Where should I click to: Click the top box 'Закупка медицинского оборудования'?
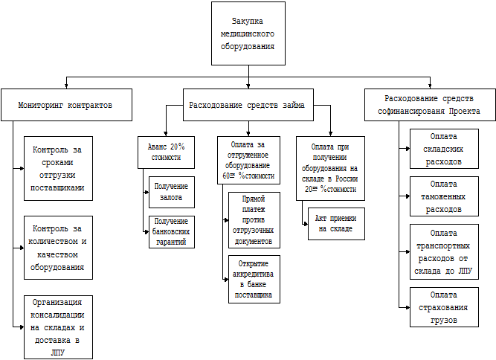tap(248, 33)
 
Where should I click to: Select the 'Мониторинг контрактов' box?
tap(65, 105)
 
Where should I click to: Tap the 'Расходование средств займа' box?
tap(247, 105)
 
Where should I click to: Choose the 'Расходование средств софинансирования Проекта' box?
tap(431, 105)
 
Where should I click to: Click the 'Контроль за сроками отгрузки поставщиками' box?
tap(58, 168)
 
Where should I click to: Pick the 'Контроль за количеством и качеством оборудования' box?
tap(58, 248)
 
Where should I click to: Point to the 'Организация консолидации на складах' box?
tap(58, 327)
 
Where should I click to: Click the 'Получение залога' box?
tap(171, 190)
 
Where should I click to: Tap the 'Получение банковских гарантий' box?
tap(171, 231)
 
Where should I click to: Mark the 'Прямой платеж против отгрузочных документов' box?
tap(254, 221)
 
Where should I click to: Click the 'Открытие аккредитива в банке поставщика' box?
tap(254, 280)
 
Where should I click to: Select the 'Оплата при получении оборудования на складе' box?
tap(330, 169)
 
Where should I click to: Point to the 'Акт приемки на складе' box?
tap(336, 223)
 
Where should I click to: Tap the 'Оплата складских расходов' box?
tap(444, 149)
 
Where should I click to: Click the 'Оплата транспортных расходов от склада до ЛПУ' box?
tap(444, 251)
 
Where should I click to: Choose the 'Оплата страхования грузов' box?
tap(444, 307)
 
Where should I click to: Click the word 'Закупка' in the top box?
tap(248, 21)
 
